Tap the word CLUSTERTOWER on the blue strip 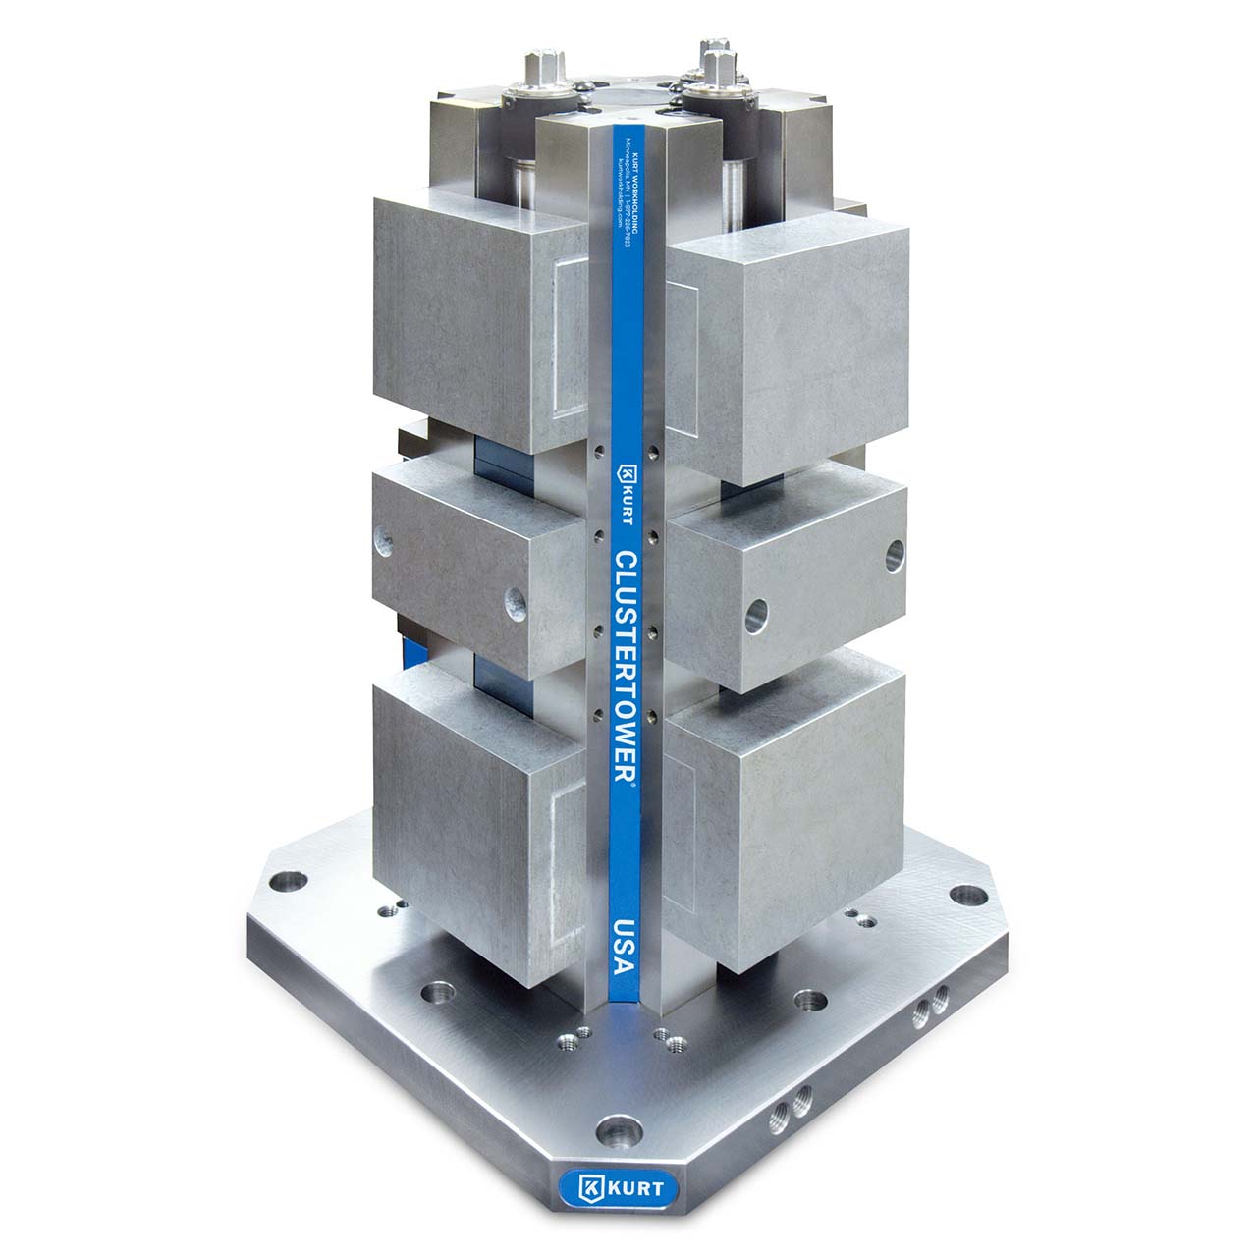(x=626, y=667)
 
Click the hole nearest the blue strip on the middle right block (x=755, y=617)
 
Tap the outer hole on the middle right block (x=894, y=554)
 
